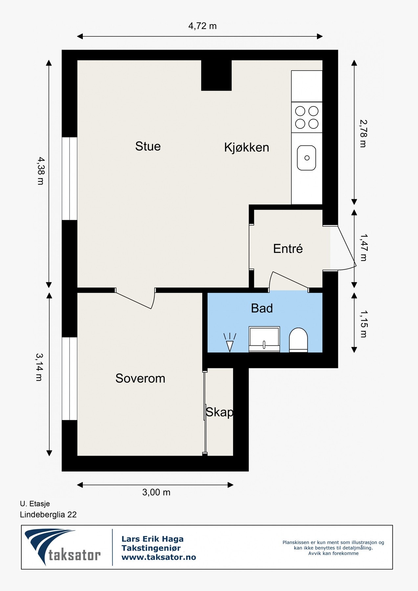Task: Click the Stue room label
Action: pos(148,146)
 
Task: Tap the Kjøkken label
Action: pos(247,147)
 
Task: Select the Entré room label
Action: pos(288,249)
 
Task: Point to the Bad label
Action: pos(262,308)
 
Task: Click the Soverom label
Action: pos(140,378)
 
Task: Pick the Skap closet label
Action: pos(219,412)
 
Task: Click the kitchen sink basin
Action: pos(307,158)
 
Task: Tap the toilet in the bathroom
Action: pos(298,340)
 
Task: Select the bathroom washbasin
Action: pos(264,339)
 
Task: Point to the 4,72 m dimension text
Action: pos(203,26)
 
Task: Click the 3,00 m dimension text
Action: pos(156,492)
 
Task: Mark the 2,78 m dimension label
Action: pos(363,133)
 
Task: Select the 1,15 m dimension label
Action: pos(363,324)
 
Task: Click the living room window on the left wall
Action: pos(70,179)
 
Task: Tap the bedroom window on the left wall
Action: pos(70,379)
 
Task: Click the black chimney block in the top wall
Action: pos(216,75)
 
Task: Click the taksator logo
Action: pos(62,547)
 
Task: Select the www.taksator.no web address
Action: pos(159,557)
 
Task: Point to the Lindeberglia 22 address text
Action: pos(48,514)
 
